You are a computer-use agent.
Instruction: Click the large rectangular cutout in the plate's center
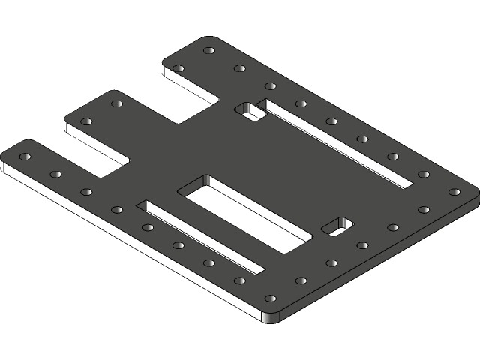click(244, 214)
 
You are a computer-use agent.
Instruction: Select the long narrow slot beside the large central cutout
click(201, 236)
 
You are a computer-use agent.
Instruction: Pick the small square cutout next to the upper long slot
click(251, 112)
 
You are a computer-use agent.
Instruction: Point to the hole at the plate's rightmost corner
click(454, 191)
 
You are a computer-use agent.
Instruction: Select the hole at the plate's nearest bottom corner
click(271, 298)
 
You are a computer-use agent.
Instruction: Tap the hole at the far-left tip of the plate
click(24, 157)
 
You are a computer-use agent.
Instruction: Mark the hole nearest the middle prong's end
click(85, 121)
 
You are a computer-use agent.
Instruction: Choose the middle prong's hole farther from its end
click(116, 103)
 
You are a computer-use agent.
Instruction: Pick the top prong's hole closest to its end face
click(178, 68)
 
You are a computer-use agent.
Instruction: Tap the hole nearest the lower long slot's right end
click(240, 280)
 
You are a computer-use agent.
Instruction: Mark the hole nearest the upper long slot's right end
click(423, 174)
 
